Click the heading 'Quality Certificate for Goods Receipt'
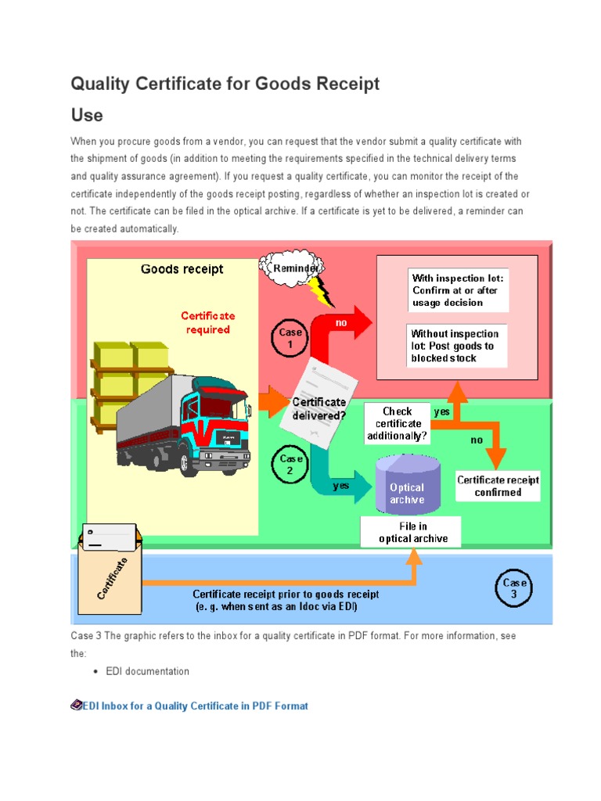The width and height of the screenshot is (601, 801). pyautogui.click(x=225, y=84)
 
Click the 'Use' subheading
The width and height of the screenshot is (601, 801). pyautogui.click(x=87, y=115)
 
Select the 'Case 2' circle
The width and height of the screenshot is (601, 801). pyautogui.click(x=291, y=465)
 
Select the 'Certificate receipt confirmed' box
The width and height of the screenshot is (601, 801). pyautogui.click(x=498, y=487)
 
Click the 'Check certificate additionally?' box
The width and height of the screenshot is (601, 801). pyautogui.click(x=397, y=423)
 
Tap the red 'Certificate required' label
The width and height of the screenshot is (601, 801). pyautogui.click(x=208, y=323)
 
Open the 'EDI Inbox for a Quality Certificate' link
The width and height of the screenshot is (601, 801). pyautogui.click(x=195, y=706)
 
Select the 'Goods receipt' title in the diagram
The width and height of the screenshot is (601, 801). pyautogui.click(x=182, y=269)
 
